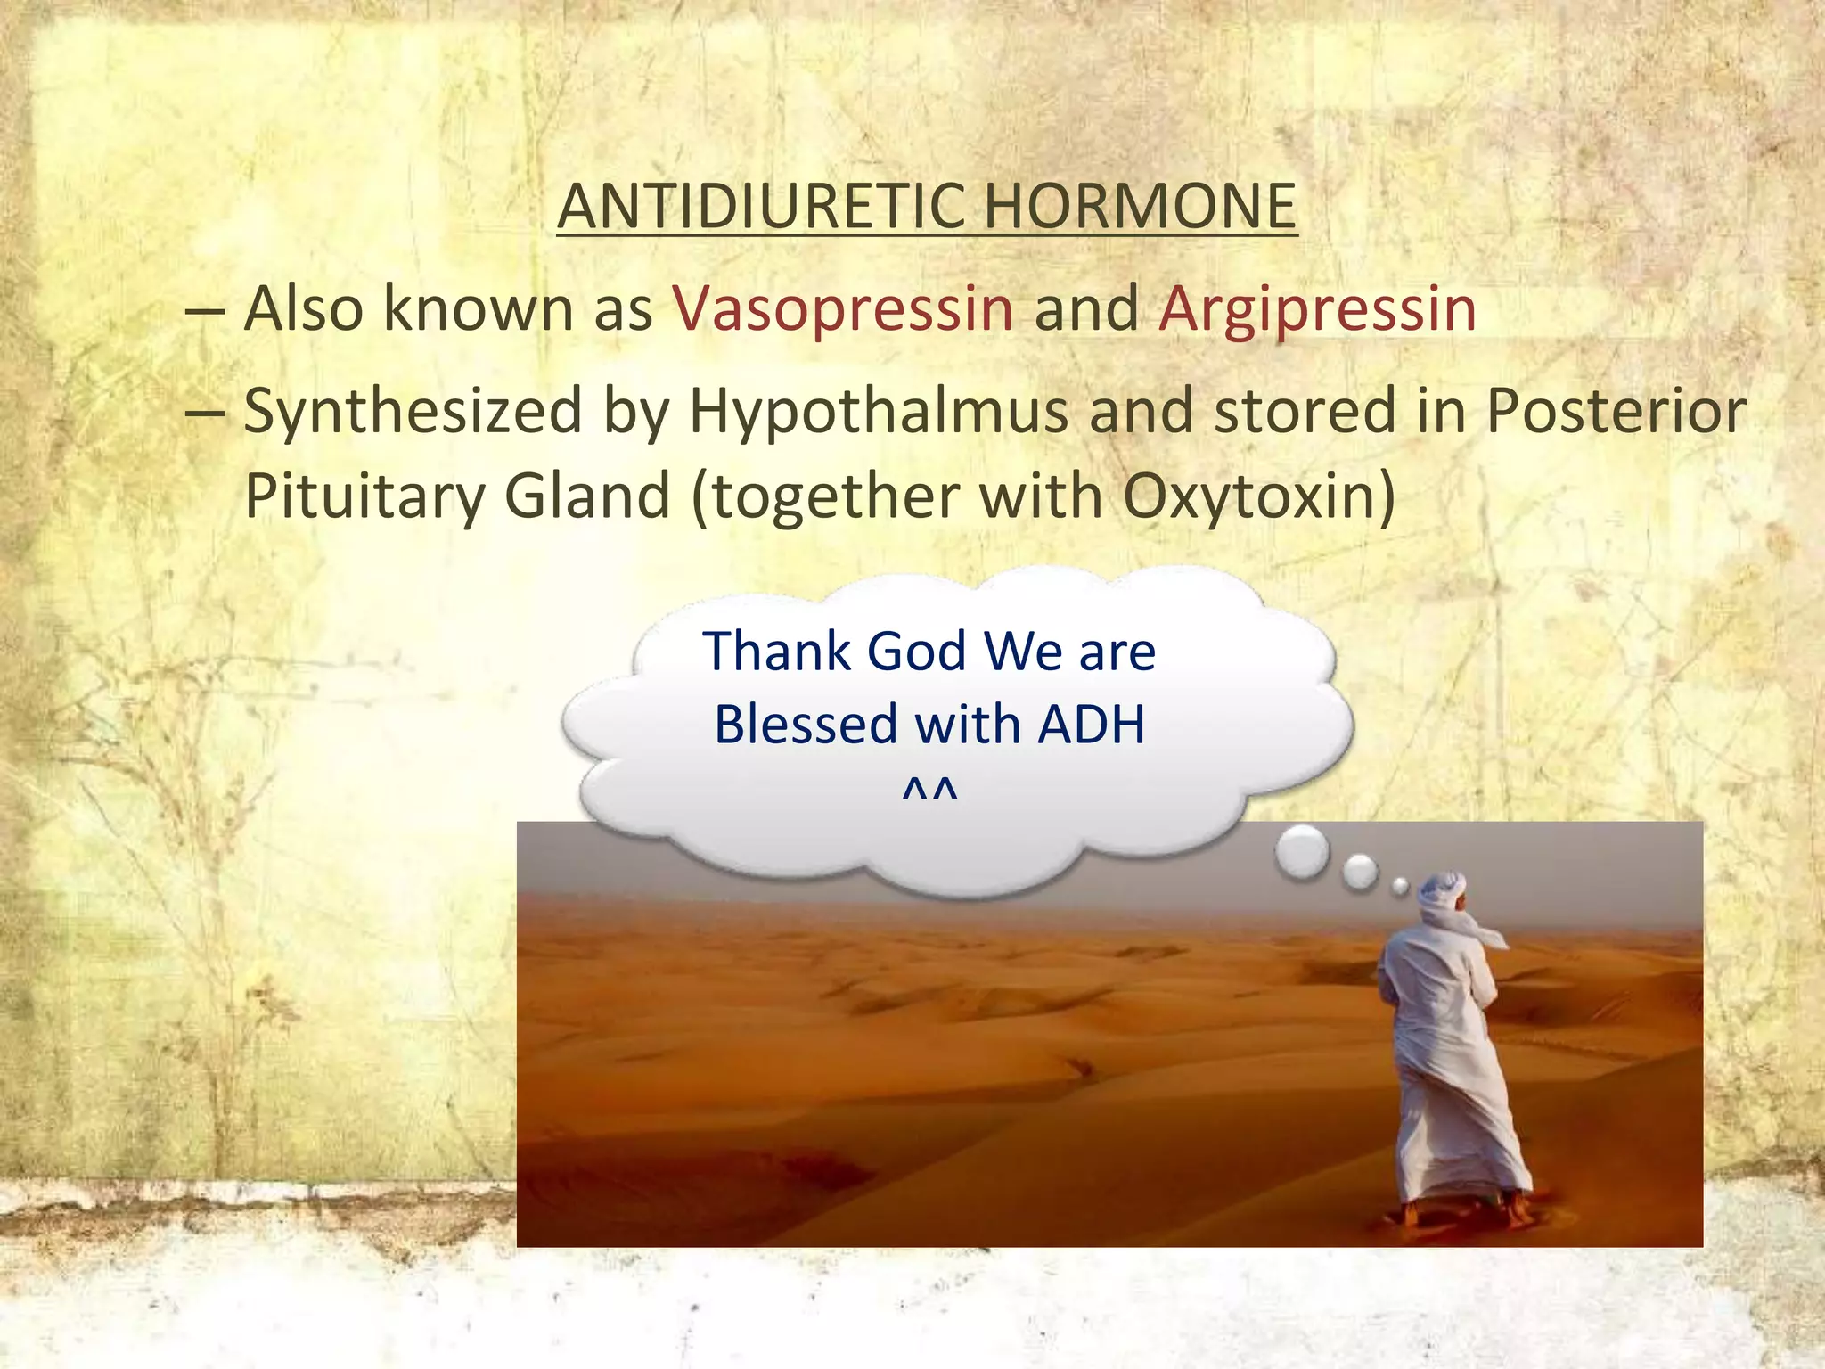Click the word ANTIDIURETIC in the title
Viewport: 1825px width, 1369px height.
(762, 206)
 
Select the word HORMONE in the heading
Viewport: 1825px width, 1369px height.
(1140, 206)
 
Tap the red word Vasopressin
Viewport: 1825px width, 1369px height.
(843, 309)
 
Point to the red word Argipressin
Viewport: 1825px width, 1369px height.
(1317, 309)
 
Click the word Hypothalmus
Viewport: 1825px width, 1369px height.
(878, 413)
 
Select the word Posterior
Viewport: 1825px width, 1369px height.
(1615, 411)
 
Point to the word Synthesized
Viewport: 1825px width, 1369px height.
(413, 413)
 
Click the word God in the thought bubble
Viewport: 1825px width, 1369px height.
(916, 651)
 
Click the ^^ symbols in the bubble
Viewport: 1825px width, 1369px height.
(929, 791)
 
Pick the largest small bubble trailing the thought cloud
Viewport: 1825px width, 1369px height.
(1302, 851)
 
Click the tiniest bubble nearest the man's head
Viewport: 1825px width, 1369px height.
(1400, 885)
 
